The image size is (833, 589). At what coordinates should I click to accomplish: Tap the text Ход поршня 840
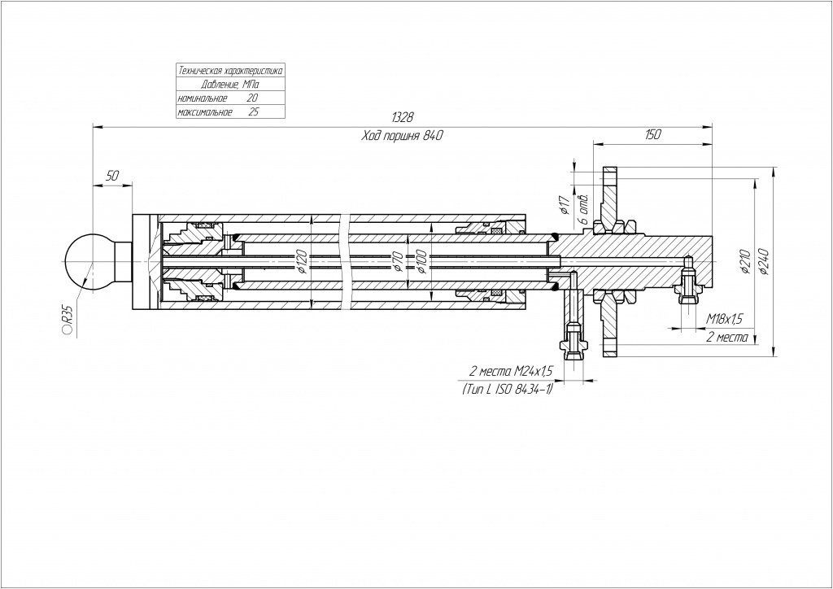pyautogui.click(x=402, y=136)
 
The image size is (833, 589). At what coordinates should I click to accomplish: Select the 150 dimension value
pyautogui.click(x=652, y=134)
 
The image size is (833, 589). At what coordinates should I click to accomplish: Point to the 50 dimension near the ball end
pyautogui.click(x=112, y=177)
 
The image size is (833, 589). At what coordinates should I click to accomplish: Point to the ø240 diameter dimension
pyautogui.click(x=764, y=260)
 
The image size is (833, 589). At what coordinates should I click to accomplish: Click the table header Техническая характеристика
pyautogui.click(x=230, y=71)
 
